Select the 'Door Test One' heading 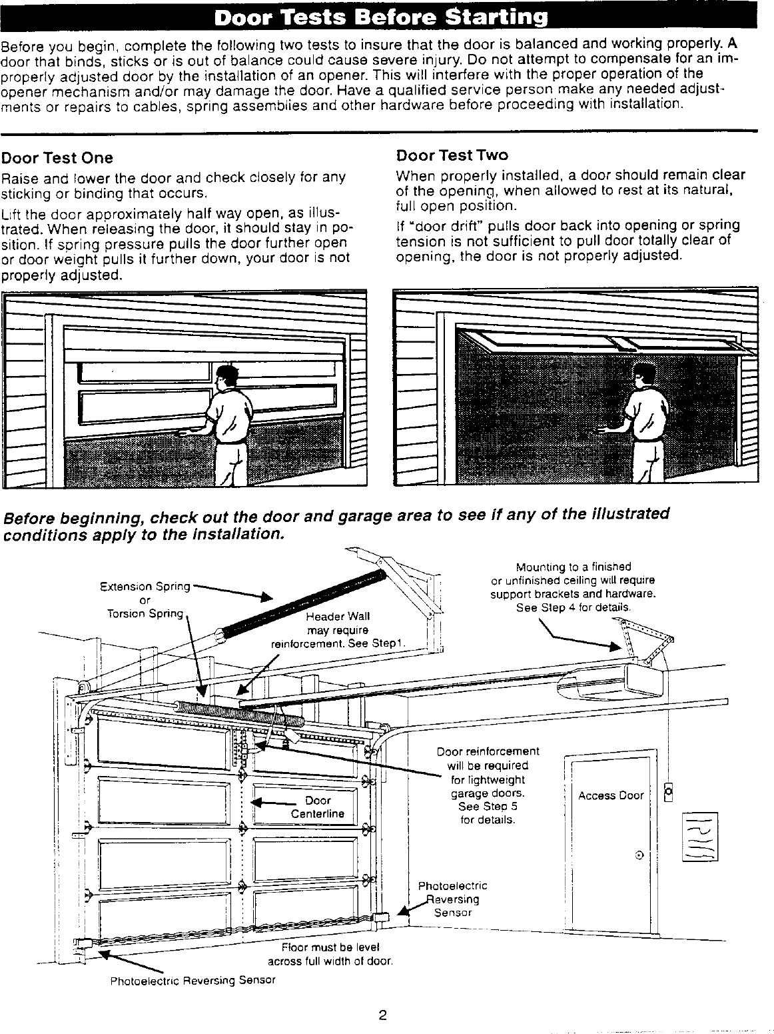pos(57,158)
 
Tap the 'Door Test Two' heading pos(452,155)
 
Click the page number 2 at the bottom pos(382,1016)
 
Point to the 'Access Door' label pos(611,795)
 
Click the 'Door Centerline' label pos(318,807)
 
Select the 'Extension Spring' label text pos(145,587)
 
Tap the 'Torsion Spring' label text pos(145,613)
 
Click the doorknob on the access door pos(639,855)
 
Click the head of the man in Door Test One pos(227,377)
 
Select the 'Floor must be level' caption pos(330,947)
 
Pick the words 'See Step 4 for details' pos(572,607)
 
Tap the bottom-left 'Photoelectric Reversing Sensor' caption pos(193,980)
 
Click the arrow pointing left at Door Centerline pos(274,803)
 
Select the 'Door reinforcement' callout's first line pos(488,751)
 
